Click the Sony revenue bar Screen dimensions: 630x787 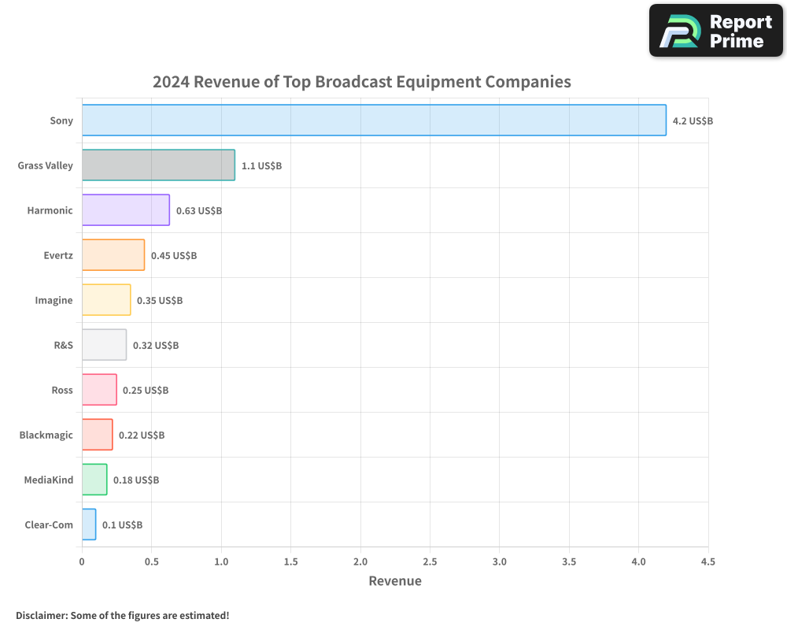(x=374, y=120)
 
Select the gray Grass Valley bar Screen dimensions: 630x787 (x=158, y=165)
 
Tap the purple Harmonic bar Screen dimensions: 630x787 (x=126, y=210)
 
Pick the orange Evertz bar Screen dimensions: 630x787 (x=113, y=255)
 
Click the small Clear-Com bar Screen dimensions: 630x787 (x=89, y=524)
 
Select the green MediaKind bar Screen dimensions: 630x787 (x=94, y=480)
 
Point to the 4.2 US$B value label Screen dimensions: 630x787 (x=693, y=120)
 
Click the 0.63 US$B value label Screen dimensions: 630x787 (x=199, y=210)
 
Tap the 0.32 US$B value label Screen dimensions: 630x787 (x=156, y=345)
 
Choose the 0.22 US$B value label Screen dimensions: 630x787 (x=142, y=435)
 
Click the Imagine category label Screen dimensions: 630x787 (x=54, y=300)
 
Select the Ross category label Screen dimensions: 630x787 (x=62, y=390)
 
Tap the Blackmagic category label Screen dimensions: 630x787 (x=46, y=435)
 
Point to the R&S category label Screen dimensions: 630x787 (x=63, y=345)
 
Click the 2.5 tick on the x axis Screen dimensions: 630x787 (x=430, y=561)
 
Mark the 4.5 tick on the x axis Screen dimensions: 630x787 (x=708, y=561)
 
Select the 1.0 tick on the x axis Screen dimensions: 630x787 (x=221, y=561)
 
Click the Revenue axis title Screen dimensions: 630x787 (x=395, y=581)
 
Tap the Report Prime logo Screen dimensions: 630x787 (x=715, y=31)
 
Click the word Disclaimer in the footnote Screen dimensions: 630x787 (x=41, y=615)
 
